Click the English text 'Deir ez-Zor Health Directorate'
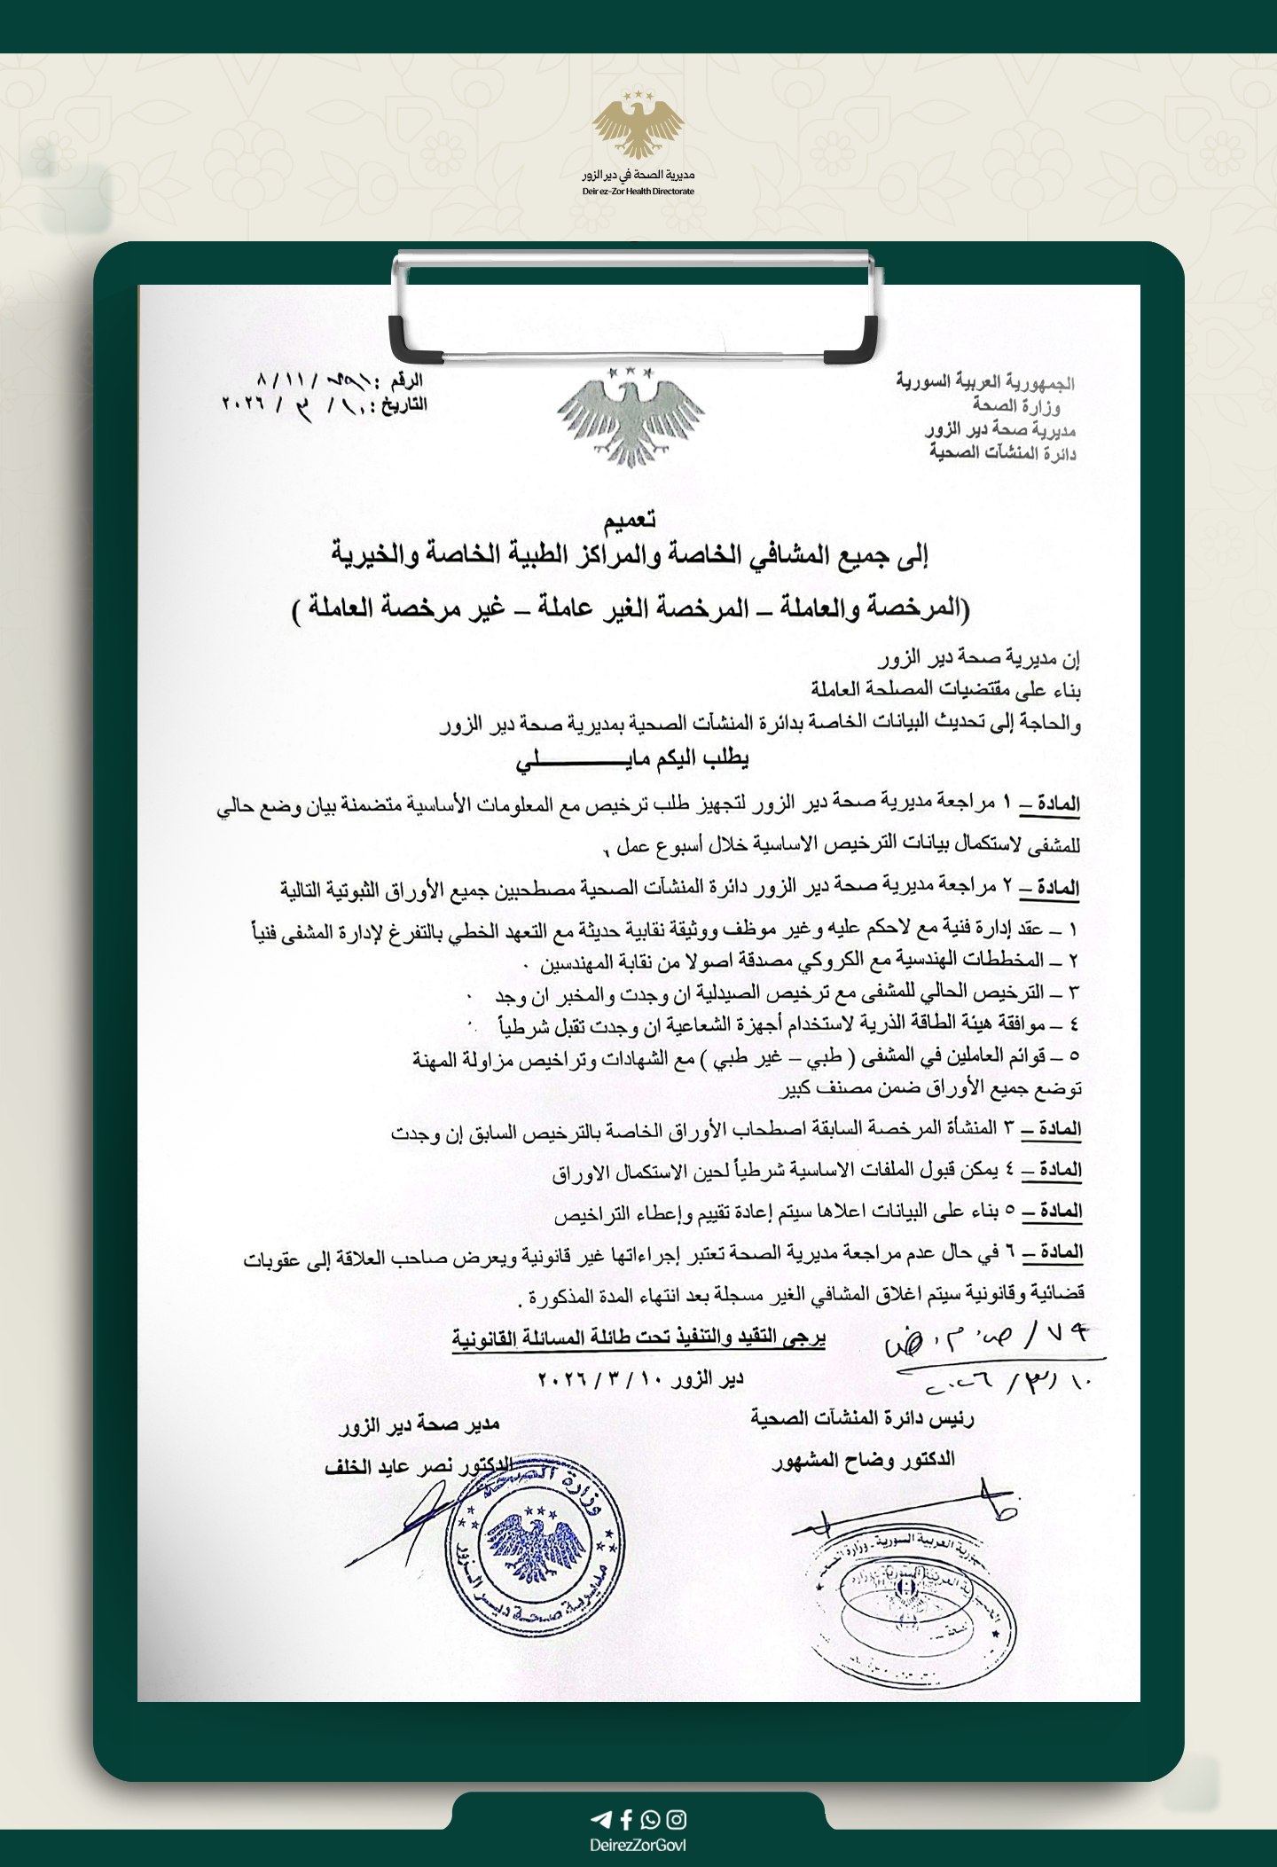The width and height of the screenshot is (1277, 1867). [638, 192]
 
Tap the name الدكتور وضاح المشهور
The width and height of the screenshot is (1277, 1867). [865, 1459]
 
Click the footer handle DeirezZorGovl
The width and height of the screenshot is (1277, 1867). [638, 1841]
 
